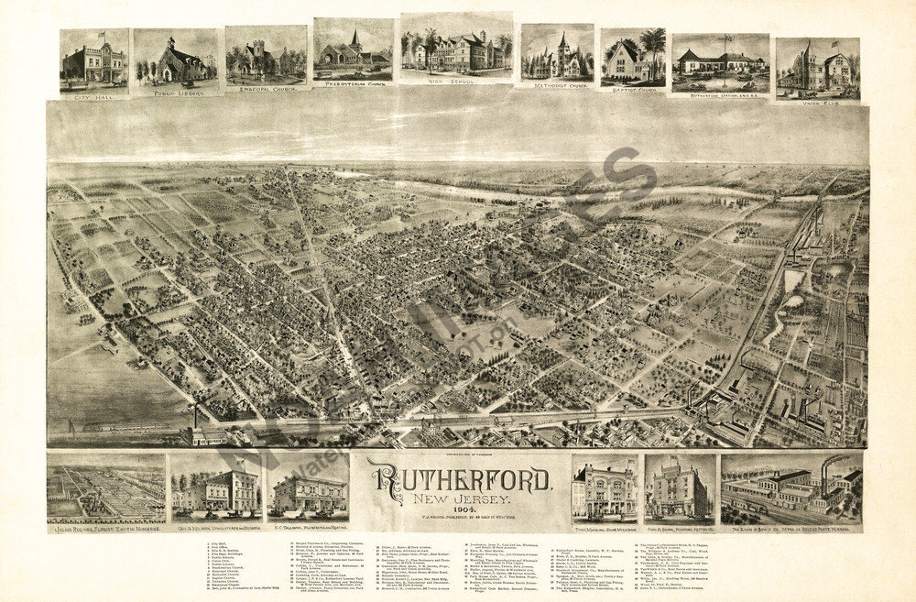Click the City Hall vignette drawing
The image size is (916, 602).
click(x=94, y=64)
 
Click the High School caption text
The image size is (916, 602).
click(x=454, y=82)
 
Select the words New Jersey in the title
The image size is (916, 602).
click(x=459, y=499)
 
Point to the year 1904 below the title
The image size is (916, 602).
click(x=459, y=512)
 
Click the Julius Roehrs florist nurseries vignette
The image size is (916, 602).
click(x=105, y=488)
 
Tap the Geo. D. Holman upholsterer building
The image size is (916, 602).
click(x=216, y=488)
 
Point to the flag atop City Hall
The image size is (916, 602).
click(x=101, y=35)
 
